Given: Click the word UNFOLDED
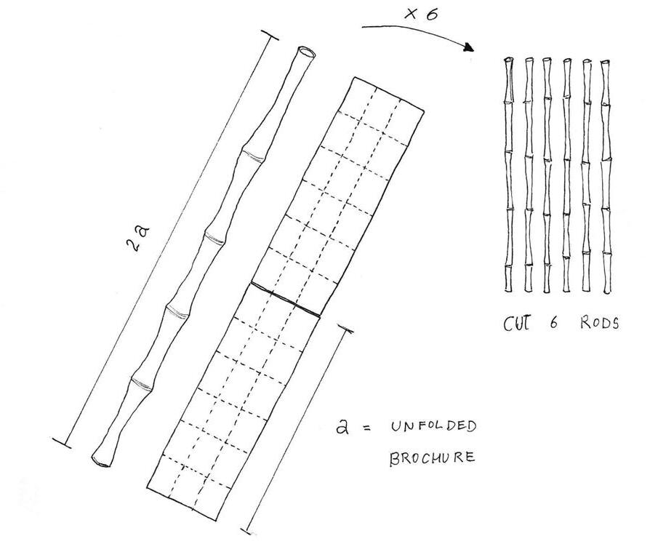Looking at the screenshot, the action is coord(434,427).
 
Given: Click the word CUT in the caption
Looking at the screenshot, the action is coord(517,322).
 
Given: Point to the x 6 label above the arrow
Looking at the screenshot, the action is coord(422,14).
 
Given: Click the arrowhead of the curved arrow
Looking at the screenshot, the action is coord(468,47).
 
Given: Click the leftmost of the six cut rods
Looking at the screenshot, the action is coord(510,175).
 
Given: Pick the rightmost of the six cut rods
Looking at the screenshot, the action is coord(606,175).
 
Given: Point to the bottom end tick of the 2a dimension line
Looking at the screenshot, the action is coord(63,441).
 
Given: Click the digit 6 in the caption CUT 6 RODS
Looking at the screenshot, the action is coord(554,323).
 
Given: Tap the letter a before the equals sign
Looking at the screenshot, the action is coord(342,427).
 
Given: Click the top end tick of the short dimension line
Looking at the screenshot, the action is coord(346,329).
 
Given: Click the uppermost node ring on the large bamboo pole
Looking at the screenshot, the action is coord(252,156).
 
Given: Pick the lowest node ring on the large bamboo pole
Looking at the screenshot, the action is coord(141,385).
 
